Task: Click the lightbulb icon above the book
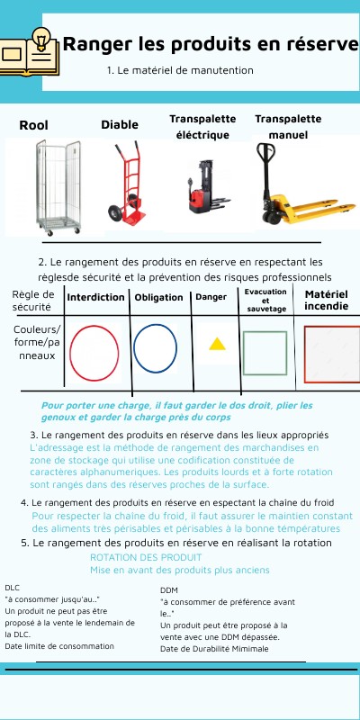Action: point(41,39)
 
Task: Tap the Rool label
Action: point(33,125)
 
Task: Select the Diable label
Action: point(120,124)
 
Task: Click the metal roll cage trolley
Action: point(58,187)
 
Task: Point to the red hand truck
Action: point(127,183)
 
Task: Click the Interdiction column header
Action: point(96,297)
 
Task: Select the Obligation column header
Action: point(158,298)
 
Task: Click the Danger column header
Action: point(211,297)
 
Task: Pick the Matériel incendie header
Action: point(327,300)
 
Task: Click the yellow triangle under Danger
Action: point(217,345)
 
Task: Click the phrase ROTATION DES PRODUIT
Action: point(146,557)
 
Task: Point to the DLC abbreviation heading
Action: point(13,588)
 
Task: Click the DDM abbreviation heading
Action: point(169,590)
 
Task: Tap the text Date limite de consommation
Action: point(59,646)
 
